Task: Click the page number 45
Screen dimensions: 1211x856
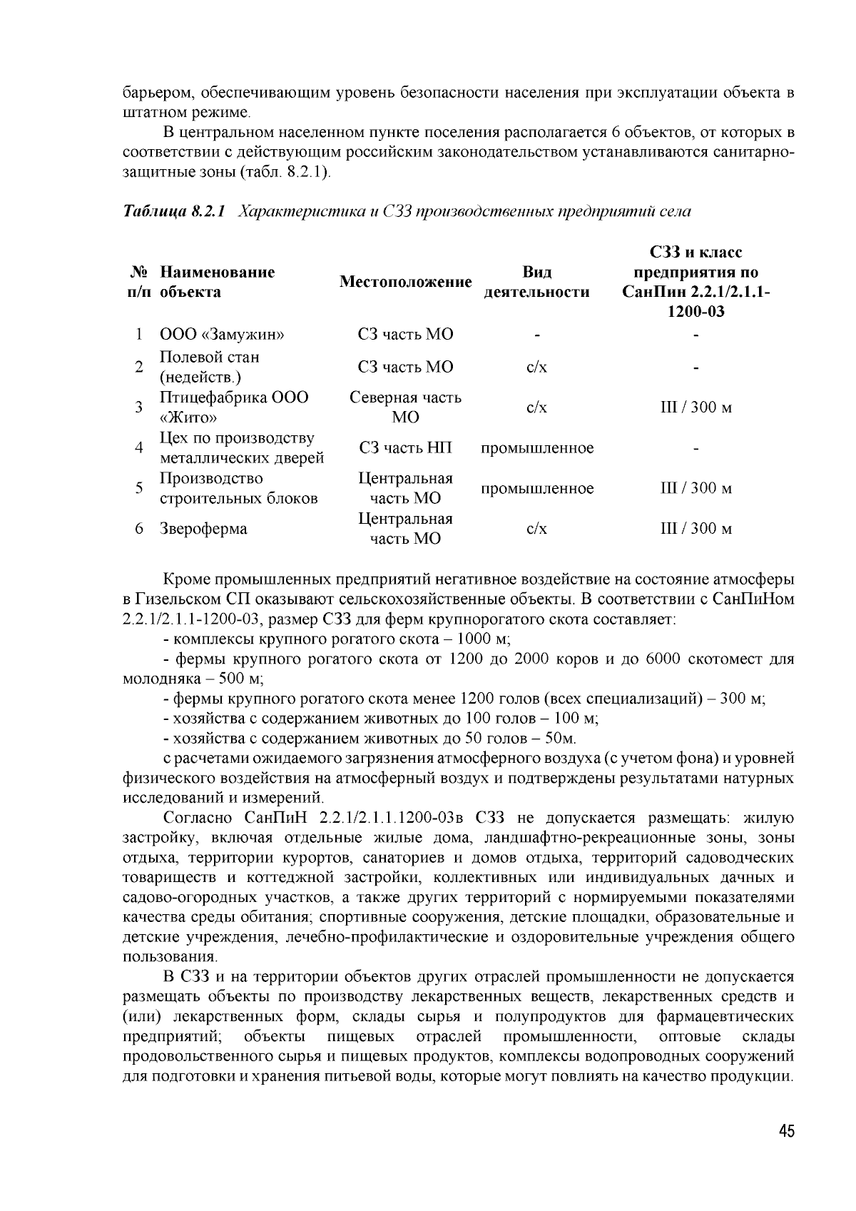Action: [x=786, y=1132]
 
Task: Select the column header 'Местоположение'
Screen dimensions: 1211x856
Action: [x=405, y=282]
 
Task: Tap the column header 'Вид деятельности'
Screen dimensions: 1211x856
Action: [x=536, y=282]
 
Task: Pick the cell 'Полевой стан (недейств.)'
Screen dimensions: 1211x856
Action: [x=210, y=367]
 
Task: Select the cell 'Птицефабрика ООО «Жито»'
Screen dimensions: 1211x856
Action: [x=234, y=407]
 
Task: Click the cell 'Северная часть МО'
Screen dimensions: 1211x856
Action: [x=405, y=407]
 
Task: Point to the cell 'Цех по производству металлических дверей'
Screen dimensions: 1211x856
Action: [x=242, y=448]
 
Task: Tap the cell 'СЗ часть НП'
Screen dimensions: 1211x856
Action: [x=405, y=448]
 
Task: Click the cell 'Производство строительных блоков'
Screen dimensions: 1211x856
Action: [x=238, y=488]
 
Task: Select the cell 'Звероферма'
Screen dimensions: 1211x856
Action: [x=203, y=529]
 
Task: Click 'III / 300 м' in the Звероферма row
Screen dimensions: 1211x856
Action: [x=695, y=529]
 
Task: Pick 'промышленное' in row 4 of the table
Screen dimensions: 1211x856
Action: [x=536, y=448]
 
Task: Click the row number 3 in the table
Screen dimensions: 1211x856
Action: [x=139, y=407]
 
